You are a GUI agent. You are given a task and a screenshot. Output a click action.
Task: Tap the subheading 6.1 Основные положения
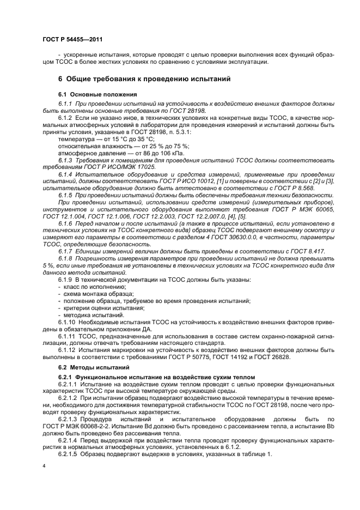[x=94, y=95]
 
